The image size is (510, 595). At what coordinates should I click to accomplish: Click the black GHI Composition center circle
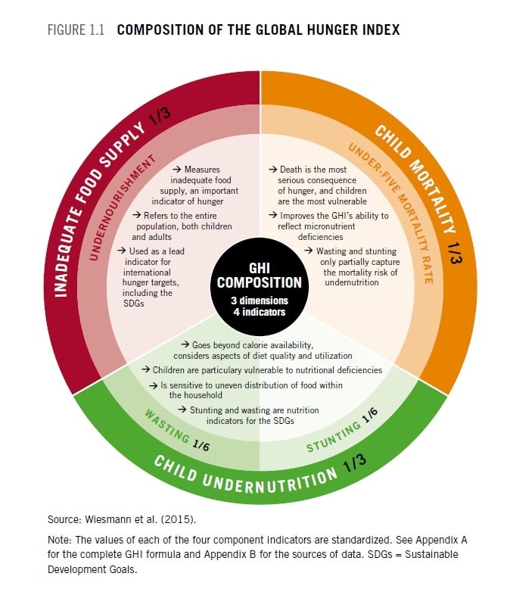point(260,287)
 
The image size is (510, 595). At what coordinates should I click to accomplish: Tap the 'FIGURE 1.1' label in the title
point(76,30)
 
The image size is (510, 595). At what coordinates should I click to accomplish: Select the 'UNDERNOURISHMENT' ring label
point(121,207)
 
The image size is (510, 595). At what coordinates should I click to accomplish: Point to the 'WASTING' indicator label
point(166,425)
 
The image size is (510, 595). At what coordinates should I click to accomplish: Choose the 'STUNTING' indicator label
point(333,437)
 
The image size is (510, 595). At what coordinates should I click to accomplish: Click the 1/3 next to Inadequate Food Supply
point(160,115)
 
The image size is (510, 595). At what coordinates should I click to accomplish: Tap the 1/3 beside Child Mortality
point(455,253)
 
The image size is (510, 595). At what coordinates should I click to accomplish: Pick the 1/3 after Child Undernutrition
point(355,463)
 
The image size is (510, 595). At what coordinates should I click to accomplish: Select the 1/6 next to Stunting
point(370,415)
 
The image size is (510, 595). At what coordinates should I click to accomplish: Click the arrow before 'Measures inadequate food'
point(177,170)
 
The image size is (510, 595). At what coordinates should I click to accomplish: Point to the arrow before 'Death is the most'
point(273,170)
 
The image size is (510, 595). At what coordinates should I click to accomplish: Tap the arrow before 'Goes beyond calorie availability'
point(185,344)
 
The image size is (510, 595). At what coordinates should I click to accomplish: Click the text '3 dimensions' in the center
point(260,301)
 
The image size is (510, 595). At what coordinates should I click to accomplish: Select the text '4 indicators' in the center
point(260,312)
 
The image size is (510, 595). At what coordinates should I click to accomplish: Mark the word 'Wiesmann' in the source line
point(108,519)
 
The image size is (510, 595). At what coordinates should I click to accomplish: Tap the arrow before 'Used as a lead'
point(121,251)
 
